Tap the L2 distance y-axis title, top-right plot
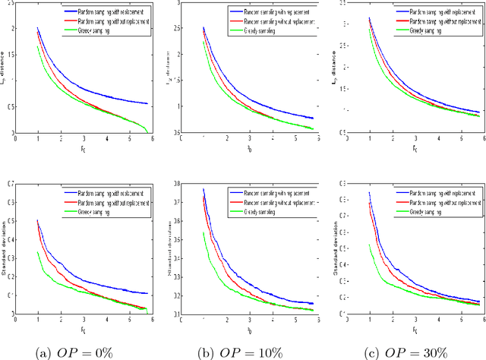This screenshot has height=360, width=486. [336, 68]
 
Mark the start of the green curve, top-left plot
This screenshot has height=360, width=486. [38, 47]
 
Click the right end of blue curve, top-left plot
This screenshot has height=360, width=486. [148, 103]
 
